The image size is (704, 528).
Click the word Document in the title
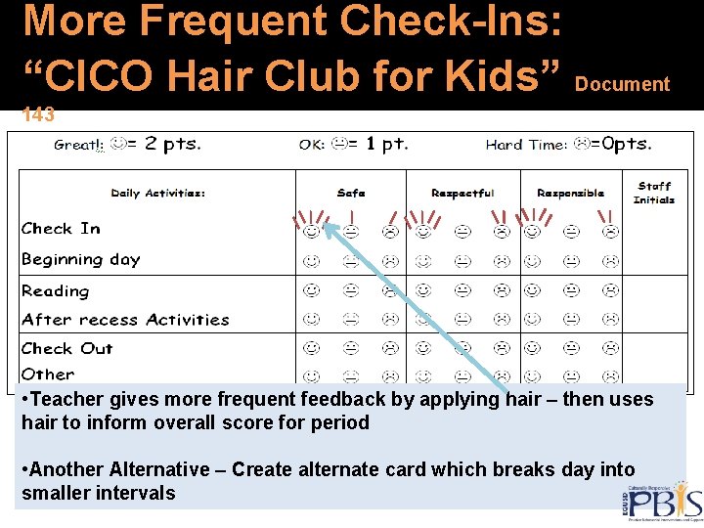[x=623, y=85]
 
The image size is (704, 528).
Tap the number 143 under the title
[x=38, y=115]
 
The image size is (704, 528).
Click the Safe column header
[x=351, y=194]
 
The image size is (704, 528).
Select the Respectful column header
[x=462, y=194]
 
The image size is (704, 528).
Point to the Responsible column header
[x=571, y=194]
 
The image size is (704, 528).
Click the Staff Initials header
[x=654, y=193]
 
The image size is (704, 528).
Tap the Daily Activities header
[x=157, y=194]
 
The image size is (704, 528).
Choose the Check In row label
[x=61, y=229]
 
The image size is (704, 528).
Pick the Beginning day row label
[x=81, y=260]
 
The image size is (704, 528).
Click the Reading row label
[x=56, y=291]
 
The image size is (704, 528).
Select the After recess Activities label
[x=125, y=320]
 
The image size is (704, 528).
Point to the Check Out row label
[x=67, y=348]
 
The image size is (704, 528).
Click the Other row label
[x=48, y=374]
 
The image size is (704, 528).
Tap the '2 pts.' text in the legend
[x=172, y=144]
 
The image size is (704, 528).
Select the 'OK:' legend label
[x=312, y=145]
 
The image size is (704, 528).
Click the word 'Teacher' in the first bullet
[x=64, y=399]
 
